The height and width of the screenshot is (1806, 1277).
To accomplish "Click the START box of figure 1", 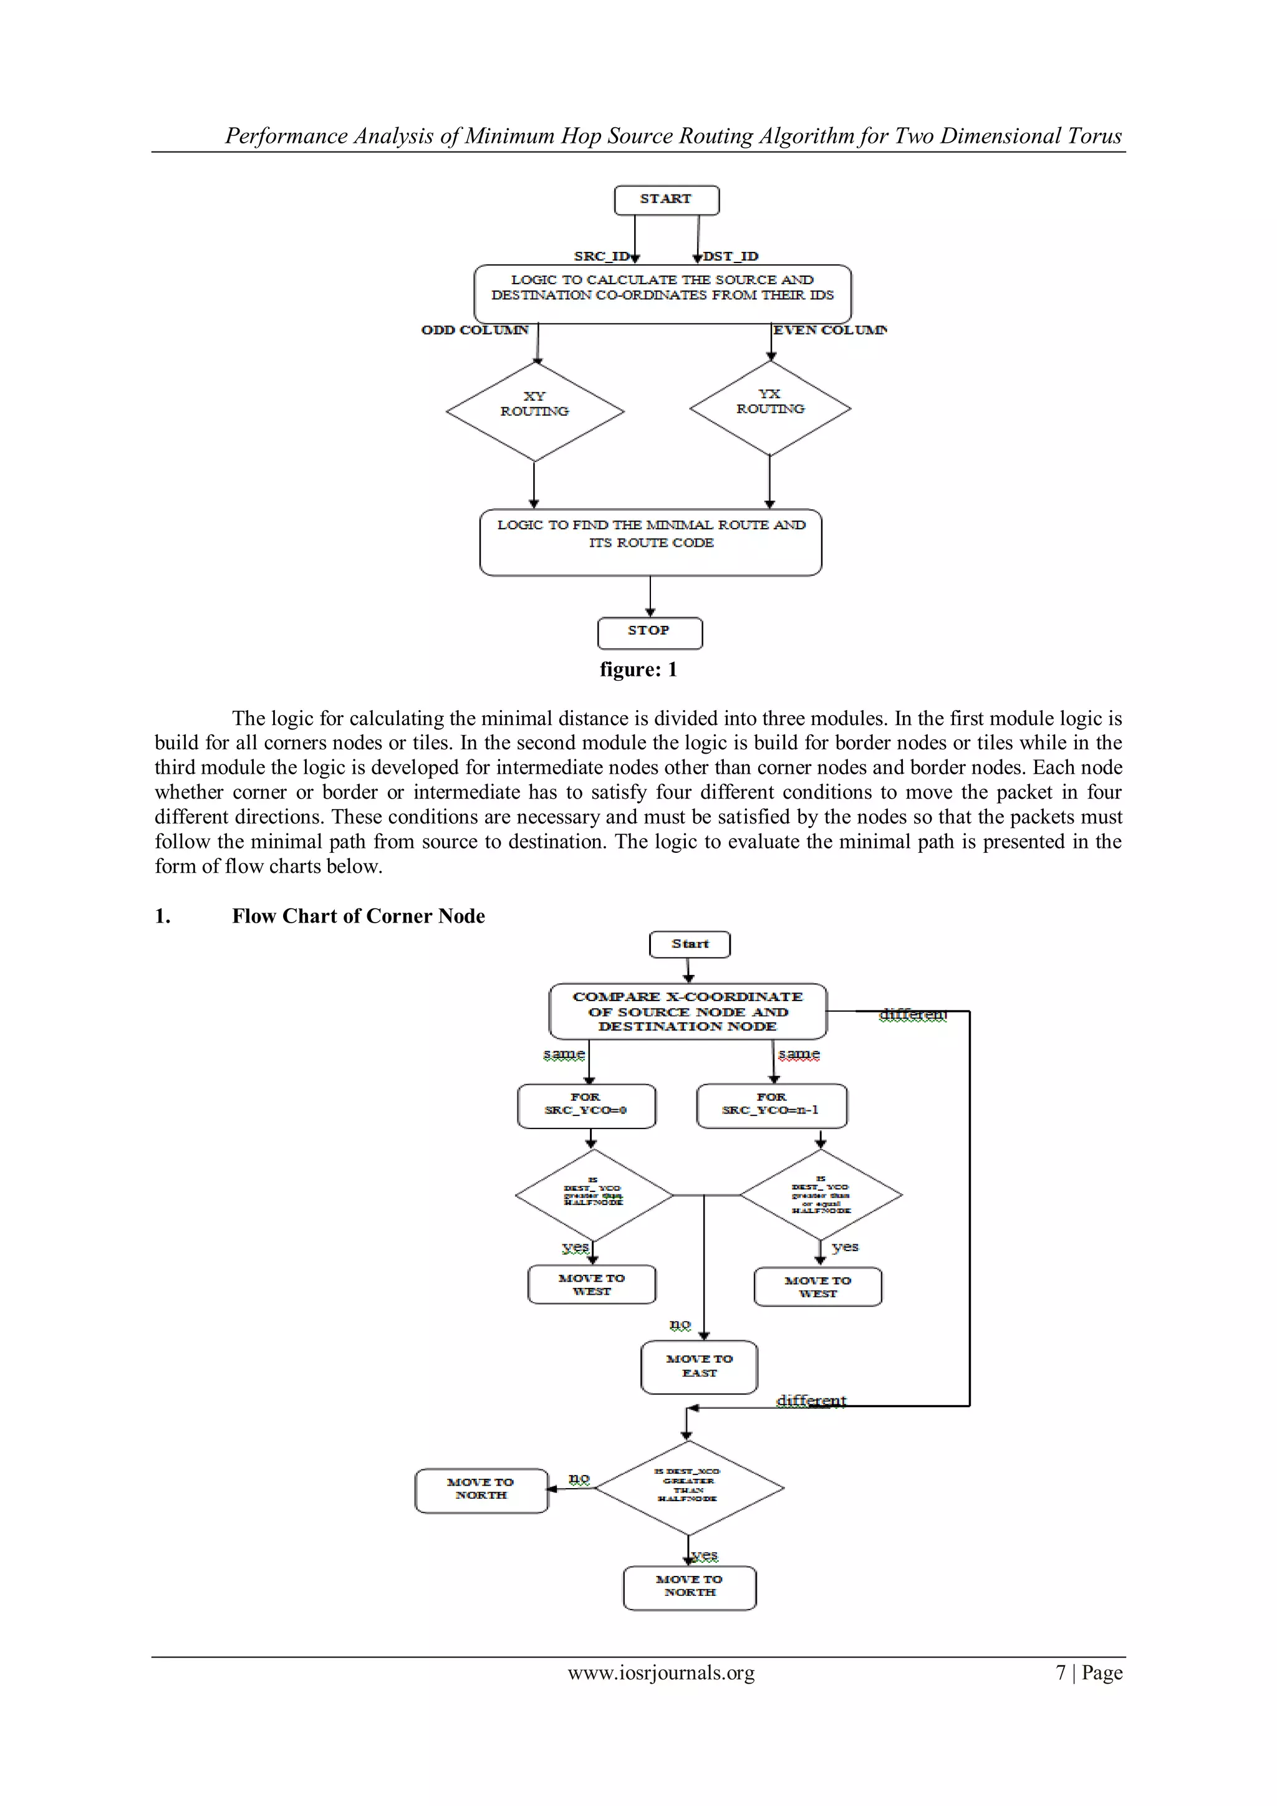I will pyautogui.click(x=666, y=199).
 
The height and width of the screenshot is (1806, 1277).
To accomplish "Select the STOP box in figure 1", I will pyautogui.click(x=649, y=632).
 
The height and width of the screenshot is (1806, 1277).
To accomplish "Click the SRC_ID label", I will pyautogui.click(x=601, y=256).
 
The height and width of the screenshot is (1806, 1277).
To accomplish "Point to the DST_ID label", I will pyautogui.click(x=730, y=256).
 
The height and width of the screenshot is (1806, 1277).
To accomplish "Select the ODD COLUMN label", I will pyautogui.click(x=475, y=330).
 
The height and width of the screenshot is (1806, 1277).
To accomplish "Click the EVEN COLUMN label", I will pyautogui.click(x=829, y=330).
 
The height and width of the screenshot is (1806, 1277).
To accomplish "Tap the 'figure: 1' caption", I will pyautogui.click(x=638, y=670).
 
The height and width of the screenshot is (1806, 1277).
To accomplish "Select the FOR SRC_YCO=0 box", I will pyautogui.click(x=586, y=1105).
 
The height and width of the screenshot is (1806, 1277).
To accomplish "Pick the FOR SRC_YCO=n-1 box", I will pyautogui.click(x=771, y=1105).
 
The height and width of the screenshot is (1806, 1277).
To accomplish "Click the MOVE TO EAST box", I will pyautogui.click(x=699, y=1367).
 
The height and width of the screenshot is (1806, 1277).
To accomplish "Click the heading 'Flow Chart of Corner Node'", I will pyautogui.click(x=358, y=916).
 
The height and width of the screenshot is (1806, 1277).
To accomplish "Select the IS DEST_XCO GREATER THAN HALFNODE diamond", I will pyautogui.click(x=688, y=1487).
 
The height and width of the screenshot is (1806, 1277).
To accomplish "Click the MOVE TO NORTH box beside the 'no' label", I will pyautogui.click(x=481, y=1490).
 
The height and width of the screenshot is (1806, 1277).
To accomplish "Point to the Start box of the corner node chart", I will pyautogui.click(x=689, y=944).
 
